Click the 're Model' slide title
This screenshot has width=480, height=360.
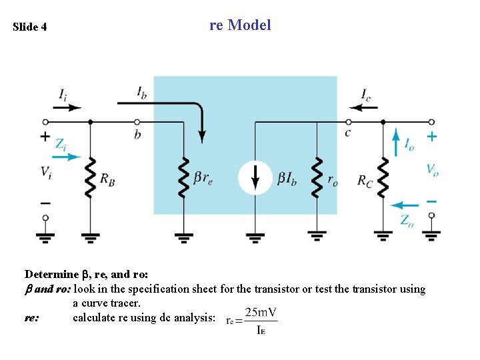(x=240, y=25)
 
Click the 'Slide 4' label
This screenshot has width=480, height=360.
(x=30, y=27)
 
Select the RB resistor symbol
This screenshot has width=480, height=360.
(x=91, y=178)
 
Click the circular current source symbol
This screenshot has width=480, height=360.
(x=256, y=178)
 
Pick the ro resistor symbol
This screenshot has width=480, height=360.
(x=317, y=178)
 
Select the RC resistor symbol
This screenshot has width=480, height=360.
(x=383, y=178)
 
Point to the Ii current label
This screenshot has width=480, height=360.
(x=62, y=95)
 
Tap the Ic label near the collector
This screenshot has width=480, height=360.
(x=366, y=95)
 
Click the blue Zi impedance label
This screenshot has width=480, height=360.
(x=61, y=143)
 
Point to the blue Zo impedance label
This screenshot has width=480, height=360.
(x=407, y=220)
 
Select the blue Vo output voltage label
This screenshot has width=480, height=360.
(x=433, y=169)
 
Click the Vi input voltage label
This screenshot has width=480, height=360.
(x=45, y=172)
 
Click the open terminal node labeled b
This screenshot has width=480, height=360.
(x=137, y=122)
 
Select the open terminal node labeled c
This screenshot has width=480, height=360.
(x=347, y=122)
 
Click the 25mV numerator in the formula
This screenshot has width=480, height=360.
(x=261, y=312)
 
